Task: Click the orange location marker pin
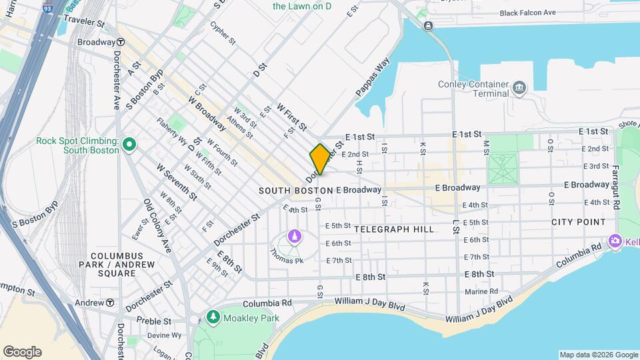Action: pos(320,159)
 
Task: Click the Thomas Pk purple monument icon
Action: pos(294,236)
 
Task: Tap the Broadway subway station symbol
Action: pos(121,42)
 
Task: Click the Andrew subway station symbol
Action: pos(109,303)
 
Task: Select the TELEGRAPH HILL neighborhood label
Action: pos(394,229)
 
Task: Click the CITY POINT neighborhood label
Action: pos(578,222)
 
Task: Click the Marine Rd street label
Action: pos(481,291)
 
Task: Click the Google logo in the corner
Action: pos(22,352)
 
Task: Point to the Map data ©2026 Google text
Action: pos(598,355)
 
